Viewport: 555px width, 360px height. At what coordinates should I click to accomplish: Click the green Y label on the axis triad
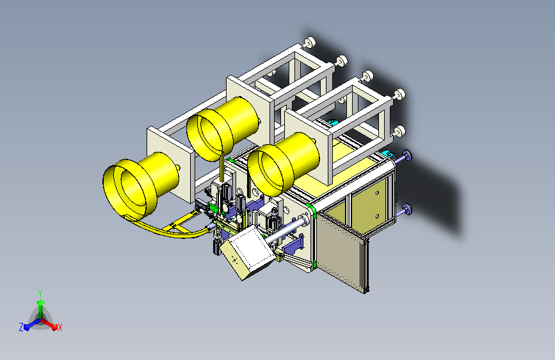[40, 293]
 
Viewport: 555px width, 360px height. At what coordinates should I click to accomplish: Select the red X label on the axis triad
[60, 327]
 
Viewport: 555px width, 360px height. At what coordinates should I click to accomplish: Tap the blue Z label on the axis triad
[21, 327]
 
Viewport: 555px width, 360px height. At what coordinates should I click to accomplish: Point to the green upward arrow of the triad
[41, 308]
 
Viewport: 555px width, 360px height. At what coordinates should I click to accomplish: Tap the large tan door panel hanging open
[341, 250]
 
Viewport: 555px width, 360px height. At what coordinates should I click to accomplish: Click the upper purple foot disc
[407, 156]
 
